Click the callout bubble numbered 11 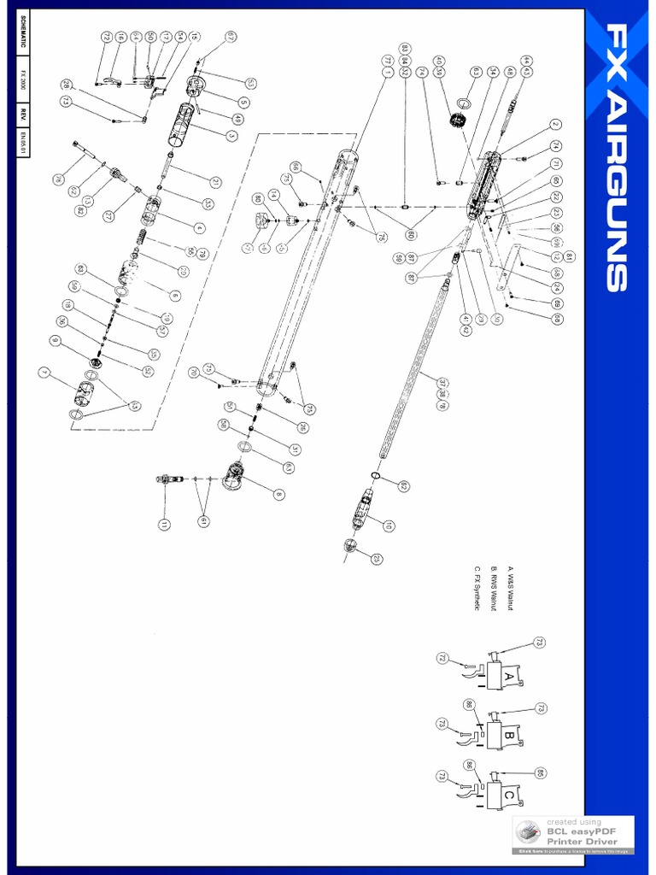pos(163,524)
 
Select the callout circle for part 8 pos(279,494)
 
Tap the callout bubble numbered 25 pos(377,559)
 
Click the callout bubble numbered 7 pos(44,372)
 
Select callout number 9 pos(55,340)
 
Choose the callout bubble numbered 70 pos(194,373)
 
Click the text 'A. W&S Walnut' pos(511,588)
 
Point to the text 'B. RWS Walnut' pos(495,589)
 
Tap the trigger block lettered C pos(507,796)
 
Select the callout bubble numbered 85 pos(540,772)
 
